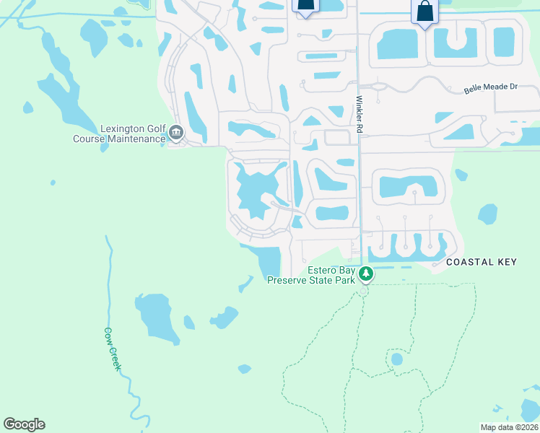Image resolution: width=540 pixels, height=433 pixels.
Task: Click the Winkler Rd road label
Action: pos(358,114)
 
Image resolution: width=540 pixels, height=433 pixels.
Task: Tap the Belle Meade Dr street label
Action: pos(490,87)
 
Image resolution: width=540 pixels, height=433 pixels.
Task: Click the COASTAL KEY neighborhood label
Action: pos(482,262)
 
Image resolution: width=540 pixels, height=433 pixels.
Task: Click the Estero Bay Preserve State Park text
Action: pos(311,276)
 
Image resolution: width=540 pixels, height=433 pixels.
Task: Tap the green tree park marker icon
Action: pos(366,274)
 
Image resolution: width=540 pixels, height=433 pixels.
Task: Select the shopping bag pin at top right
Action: pos(424,12)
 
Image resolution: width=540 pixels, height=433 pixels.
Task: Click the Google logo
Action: pos(24,424)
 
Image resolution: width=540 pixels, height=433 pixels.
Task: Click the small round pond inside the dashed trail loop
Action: pos(396,359)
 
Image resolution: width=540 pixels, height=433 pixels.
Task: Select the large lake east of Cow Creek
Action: pos(157,317)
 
